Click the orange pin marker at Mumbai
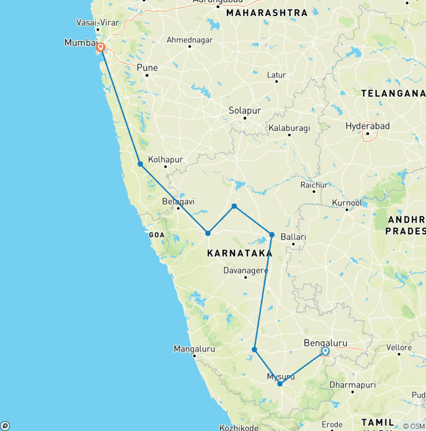(101, 48)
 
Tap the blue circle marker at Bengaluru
(325, 351)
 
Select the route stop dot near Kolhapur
(140, 164)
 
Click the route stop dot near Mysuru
(280, 384)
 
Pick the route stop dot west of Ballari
(272, 235)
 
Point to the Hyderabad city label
(367, 126)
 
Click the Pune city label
(147, 68)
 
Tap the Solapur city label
(245, 111)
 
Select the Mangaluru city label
(194, 349)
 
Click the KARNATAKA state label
(239, 253)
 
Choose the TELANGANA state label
(393, 93)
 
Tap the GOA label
(156, 235)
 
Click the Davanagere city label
(246, 270)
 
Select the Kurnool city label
(347, 203)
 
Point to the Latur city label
(276, 74)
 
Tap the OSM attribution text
(413, 426)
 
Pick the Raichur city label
(314, 184)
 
